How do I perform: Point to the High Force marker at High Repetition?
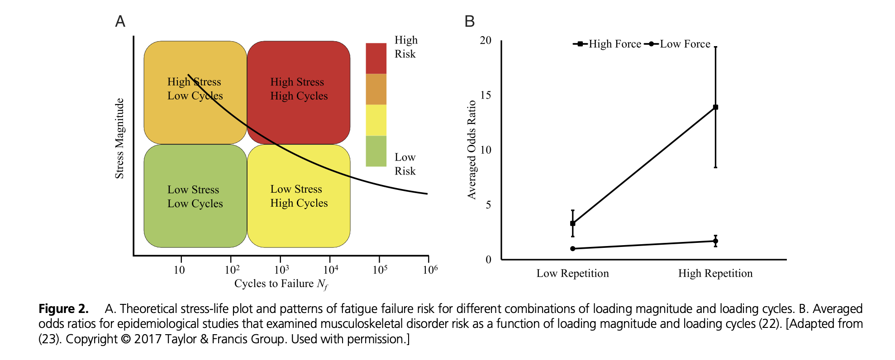click(x=715, y=107)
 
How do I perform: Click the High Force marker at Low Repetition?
click(x=573, y=223)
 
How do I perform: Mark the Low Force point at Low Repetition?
click(x=573, y=249)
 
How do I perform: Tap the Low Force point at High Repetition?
click(x=715, y=241)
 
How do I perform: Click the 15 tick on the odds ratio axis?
click(x=486, y=95)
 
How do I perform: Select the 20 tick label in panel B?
click(x=486, y=40)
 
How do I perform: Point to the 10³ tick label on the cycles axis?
click(x=281, y=270)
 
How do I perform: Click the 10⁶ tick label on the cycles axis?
click(x=430, y=270)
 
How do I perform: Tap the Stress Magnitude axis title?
click(x=119, y=138)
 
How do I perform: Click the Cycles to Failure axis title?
click(x=281, y=284)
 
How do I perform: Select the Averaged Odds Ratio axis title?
click(x=472, y=150)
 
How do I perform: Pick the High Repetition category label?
click(x=715, y=273)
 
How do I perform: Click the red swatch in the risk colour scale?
click(x=376, y=58)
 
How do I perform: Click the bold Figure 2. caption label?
click(x=63, y=309)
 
